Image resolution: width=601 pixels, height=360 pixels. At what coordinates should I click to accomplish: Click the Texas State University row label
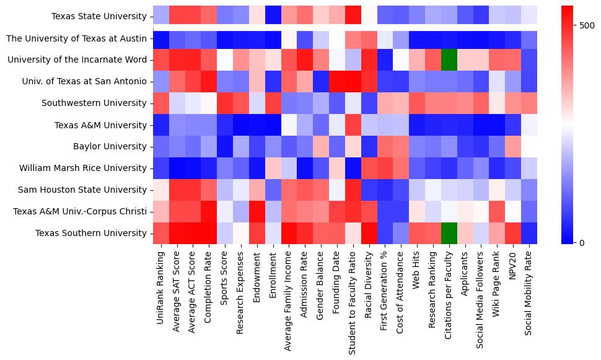click(x=100, y=17)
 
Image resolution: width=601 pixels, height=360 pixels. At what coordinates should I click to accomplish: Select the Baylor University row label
click(x=115, y=146)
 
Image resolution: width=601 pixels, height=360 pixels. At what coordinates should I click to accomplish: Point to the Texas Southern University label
click(x=92, y=233)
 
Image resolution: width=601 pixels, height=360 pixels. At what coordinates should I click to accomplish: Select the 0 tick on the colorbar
click(x=582, y=242)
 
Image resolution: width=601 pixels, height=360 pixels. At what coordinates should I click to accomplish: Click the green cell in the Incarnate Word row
click(x=449, y=60)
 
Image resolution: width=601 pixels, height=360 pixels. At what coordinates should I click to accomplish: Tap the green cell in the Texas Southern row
click(x=449, y=233)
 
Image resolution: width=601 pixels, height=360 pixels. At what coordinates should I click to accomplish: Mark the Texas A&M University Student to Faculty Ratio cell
click(x=353, y=125)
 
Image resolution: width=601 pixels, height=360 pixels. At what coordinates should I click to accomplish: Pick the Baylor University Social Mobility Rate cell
click(x=529, y=146)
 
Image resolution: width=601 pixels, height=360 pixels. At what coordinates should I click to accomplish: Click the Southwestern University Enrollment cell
click(x=273, y=103)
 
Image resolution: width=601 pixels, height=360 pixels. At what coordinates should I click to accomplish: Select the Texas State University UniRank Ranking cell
click(x=160, y=17)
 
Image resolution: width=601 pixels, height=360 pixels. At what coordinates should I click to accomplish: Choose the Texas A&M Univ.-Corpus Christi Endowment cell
click(x=257, y=211)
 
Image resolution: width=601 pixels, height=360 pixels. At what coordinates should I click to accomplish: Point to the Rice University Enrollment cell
click(x=273, y=168)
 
